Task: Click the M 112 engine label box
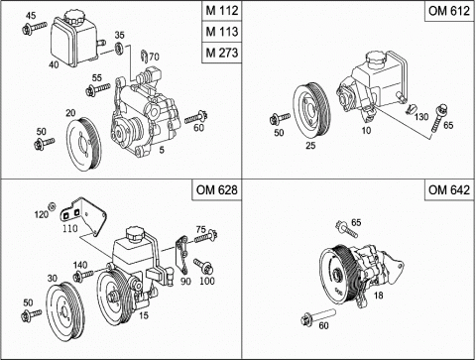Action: point(222,11)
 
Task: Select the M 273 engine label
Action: point(222,53)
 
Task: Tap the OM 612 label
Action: point(449,11)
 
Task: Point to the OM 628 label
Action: point(216,189)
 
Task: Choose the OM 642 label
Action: point(449,189)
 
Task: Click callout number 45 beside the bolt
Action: point(31,16)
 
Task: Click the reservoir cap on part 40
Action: point(72,17)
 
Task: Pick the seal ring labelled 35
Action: point(119,48)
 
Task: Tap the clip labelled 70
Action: point(144,57)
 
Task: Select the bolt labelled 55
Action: point(97,89)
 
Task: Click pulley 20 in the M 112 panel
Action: point(83,145)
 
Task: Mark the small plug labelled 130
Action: point(410,108)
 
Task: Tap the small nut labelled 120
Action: point(52,206)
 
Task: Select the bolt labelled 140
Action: point(83,276)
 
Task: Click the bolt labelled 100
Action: point(203,266)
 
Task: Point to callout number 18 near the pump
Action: point(378,295)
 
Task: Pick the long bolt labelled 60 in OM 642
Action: point(318,316)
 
